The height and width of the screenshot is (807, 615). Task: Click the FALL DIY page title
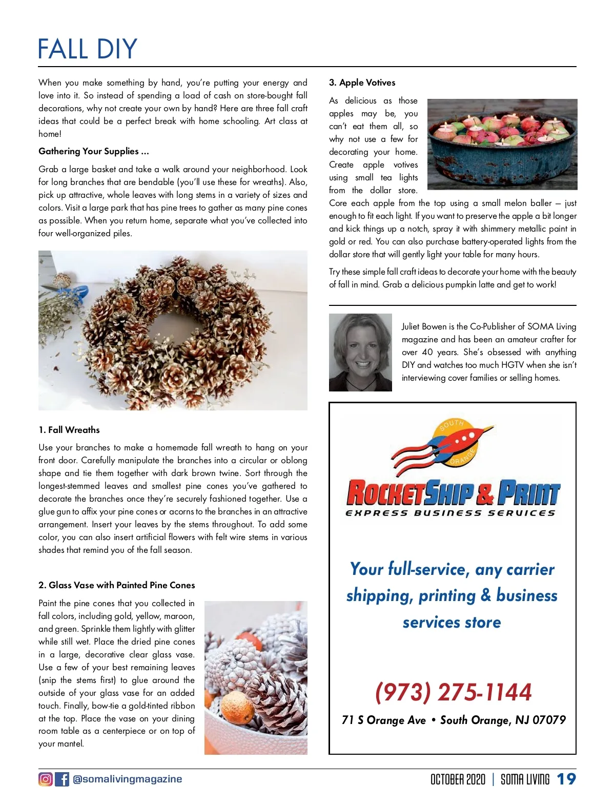coord(88,49)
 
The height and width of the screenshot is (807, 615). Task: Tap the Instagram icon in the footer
coord(46,779)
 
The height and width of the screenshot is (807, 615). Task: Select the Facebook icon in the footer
coord(62,779)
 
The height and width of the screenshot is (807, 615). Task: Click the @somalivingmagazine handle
coord(128,779)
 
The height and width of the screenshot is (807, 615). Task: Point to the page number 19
coord(566,779)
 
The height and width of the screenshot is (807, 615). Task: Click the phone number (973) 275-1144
coord(454,692)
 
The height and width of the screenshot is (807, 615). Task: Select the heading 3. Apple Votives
coord(362,82)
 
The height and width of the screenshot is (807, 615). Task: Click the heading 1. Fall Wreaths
coord(69,430)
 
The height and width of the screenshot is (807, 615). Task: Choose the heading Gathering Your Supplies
coord(94,151)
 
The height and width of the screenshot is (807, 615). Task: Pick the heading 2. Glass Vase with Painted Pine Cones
coord(117,585)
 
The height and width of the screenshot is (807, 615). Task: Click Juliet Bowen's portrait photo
coord(360,353)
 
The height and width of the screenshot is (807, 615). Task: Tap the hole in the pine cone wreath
coord(169,328)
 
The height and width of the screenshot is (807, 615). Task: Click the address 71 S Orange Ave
coord(384,720)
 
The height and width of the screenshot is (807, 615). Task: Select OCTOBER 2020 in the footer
coord(458,779)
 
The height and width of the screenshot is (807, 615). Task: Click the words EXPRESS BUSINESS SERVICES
coord(450,513)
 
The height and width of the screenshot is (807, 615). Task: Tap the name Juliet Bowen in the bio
coord(424,326)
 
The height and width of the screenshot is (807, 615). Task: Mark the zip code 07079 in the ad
coord(549,720)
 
